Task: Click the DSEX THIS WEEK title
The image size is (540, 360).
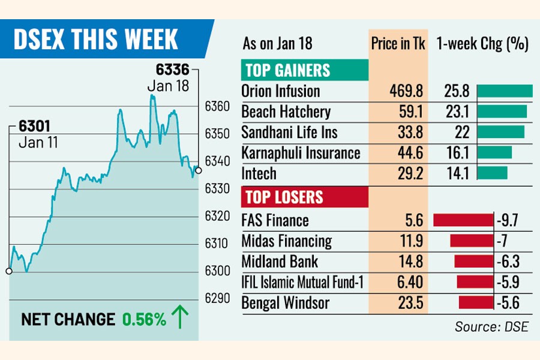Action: tap(95, 40)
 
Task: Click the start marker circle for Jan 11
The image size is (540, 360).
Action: tap(9, 271)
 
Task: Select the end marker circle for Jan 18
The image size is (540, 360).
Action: tap(199, 170)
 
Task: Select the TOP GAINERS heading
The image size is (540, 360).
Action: tap(286, 70)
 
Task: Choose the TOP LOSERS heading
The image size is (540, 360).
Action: tap(282, 197)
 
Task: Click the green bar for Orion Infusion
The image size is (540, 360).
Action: tap(505, 91)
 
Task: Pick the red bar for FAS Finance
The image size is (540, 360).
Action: tap(463, 220)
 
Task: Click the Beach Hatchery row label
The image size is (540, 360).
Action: tap(286, 112)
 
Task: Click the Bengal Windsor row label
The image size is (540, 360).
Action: tap(285, 302)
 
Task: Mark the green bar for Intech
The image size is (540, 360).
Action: tap(492, 173)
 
